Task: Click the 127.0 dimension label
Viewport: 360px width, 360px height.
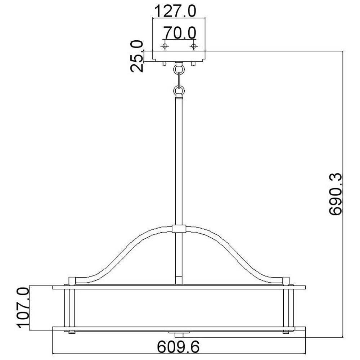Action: point(175,11)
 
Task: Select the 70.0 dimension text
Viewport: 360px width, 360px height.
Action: point(180,33)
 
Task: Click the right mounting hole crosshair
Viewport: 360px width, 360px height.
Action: point(194,46)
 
